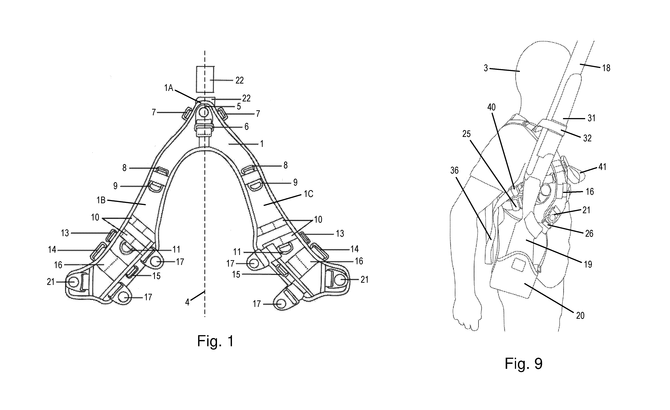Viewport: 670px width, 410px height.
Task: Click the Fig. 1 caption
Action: click(215, 341)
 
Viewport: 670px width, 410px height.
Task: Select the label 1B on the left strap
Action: click(101, 200)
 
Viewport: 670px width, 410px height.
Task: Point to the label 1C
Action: click(308, 194)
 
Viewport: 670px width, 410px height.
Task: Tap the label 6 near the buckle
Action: click(247, 126)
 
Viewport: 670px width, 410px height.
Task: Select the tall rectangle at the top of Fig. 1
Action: click(205, 79)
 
